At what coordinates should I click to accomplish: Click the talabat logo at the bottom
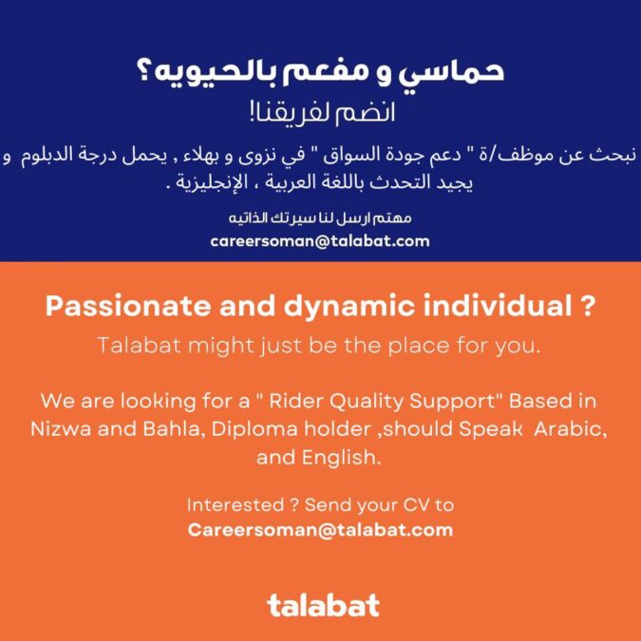[x=322, y=605]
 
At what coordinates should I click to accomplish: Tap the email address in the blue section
[x=320, y=241]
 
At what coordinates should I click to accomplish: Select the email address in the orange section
[x=320, y=529]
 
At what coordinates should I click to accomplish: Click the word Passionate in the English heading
[x=113, y=308]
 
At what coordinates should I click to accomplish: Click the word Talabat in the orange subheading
[x=136, y=346]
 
